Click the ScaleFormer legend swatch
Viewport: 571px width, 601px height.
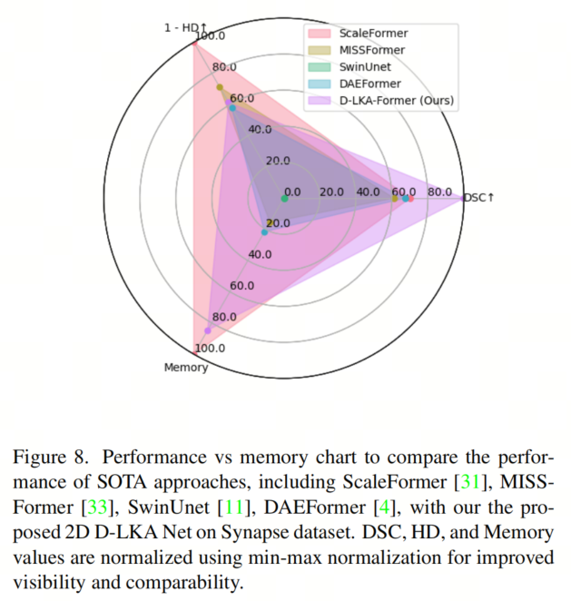tap(320, 34)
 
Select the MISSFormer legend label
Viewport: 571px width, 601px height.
tap(371, 50)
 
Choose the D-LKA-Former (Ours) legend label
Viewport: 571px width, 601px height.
tap(397, 101)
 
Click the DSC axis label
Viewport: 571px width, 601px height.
tap(479, 198)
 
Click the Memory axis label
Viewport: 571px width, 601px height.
tap(186, 367)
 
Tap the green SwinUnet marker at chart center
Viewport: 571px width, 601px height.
tap(284, 199)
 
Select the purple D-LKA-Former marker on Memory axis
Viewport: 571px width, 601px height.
tap(208, 330)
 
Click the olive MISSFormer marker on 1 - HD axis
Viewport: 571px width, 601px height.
tap(220, 87)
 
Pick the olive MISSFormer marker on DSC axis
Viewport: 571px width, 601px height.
tap(394, 199)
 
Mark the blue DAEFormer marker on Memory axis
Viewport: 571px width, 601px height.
tap(264, 232)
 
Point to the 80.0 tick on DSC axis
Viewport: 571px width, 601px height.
tap(439, 192)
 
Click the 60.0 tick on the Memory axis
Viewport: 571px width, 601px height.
tap(241, 286)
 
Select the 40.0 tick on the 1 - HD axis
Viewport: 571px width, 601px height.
tap(260, 129)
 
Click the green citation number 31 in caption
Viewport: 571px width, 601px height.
tap(470, 482)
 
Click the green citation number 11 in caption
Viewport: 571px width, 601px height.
tap(234, 507)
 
